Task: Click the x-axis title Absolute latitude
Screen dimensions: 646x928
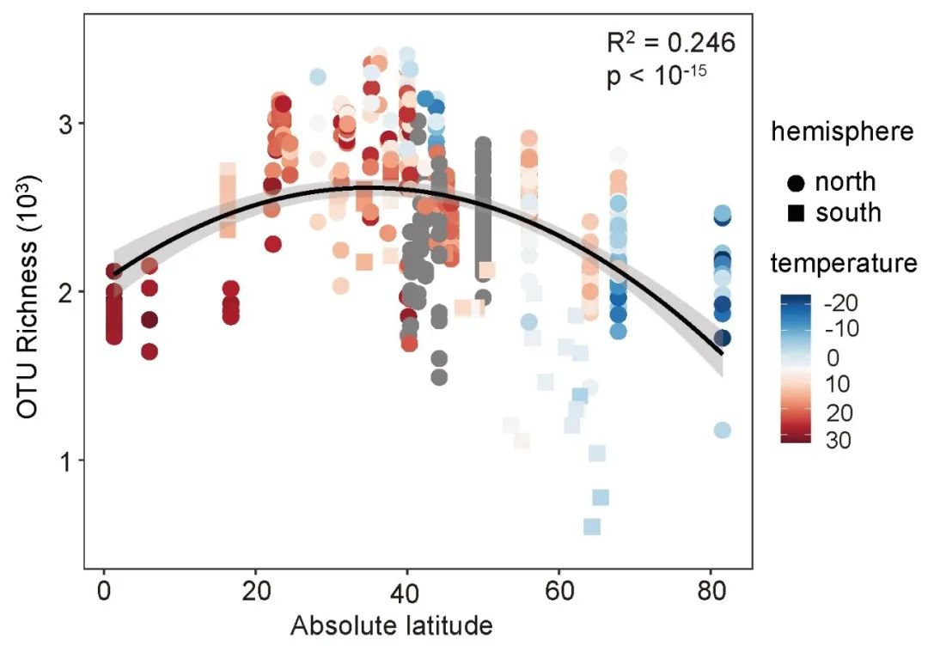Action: coord(392,625)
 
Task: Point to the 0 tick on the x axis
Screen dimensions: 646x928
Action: coord(104,594)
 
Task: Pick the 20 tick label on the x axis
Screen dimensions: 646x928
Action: coord(255,594)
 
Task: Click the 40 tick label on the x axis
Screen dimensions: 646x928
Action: coord(407,594)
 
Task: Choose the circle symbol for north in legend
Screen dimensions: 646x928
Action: coord(795,182)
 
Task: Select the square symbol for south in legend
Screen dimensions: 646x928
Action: coord(795,211)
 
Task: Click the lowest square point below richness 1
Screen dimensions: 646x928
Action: coord(591,527)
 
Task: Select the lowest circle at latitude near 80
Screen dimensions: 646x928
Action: coord(723,430)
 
